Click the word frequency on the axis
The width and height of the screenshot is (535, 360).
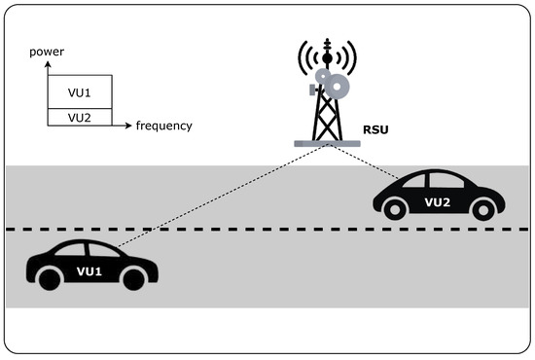163,126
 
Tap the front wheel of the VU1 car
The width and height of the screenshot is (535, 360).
134,278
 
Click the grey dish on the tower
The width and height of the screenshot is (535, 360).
338,88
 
